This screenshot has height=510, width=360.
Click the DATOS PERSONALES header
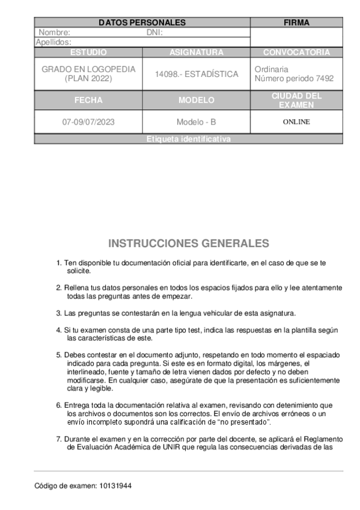pyautogui.click(x=142, y=23)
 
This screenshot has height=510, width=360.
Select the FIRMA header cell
pyautogui.click(x=296, y=23)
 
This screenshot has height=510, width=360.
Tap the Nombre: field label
pyautogui.click(x=55, y=32)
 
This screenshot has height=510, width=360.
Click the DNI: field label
pyautogui.click(x=154, y=32)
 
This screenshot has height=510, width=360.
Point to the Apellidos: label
pyautogui.click(x=54, y=42)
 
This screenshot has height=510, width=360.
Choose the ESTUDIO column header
pyautogui.click(x=88, y=52)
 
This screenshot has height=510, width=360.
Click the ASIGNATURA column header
pyautogui.click(x=197, y=52)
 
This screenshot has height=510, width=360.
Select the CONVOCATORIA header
pyautogui.click(x=296, y=52)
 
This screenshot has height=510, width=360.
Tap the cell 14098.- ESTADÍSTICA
pyautogui.click(x=197, y=74)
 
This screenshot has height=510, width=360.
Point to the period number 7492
pyautogui.click(x=325, y=79)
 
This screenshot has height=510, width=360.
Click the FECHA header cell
pyautogui.click(x=88, y=100)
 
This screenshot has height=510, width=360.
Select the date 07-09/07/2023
pyautogui.click(x=88, y=122)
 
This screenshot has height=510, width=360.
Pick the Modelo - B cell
pyautogui.click(x=197, y=122)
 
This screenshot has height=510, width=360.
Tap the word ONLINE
pyautogui.click(x=296, y=122)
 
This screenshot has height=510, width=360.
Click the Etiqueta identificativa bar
pyautogui.click(x=189, y=140)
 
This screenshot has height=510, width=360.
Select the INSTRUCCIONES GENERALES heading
pyautogui.click(x=189, y=244)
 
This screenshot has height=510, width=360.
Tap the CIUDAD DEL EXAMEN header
pyautogui.click(x=296, y=100)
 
